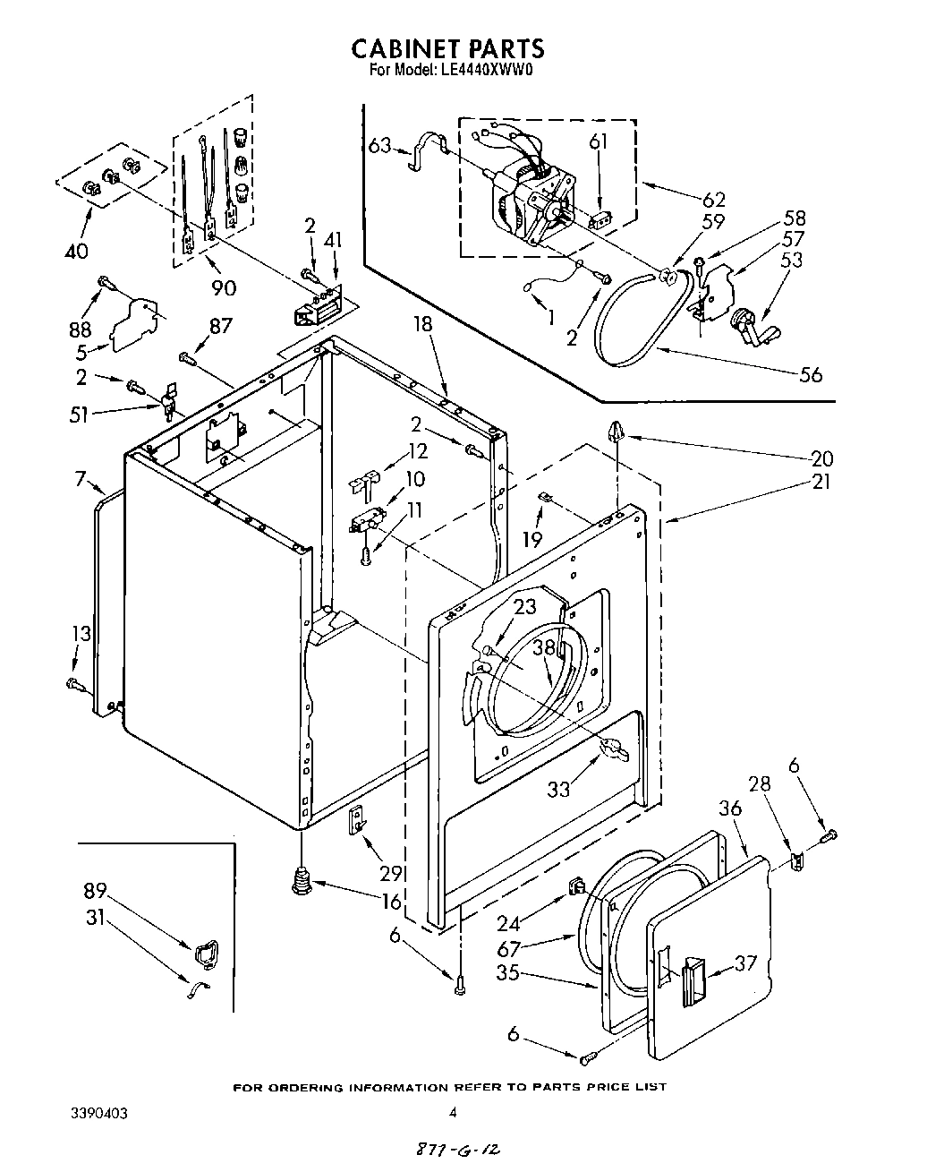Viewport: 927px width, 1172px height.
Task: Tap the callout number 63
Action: click(380, 143)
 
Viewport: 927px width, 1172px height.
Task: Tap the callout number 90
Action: click(224, 287)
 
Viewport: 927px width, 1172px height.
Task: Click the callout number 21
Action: click(821, 481)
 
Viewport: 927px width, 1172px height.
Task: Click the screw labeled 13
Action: click(74, 684)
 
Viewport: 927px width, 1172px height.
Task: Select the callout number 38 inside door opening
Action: click(544, 646)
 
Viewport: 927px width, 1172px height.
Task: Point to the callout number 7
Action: click(80, 481)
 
